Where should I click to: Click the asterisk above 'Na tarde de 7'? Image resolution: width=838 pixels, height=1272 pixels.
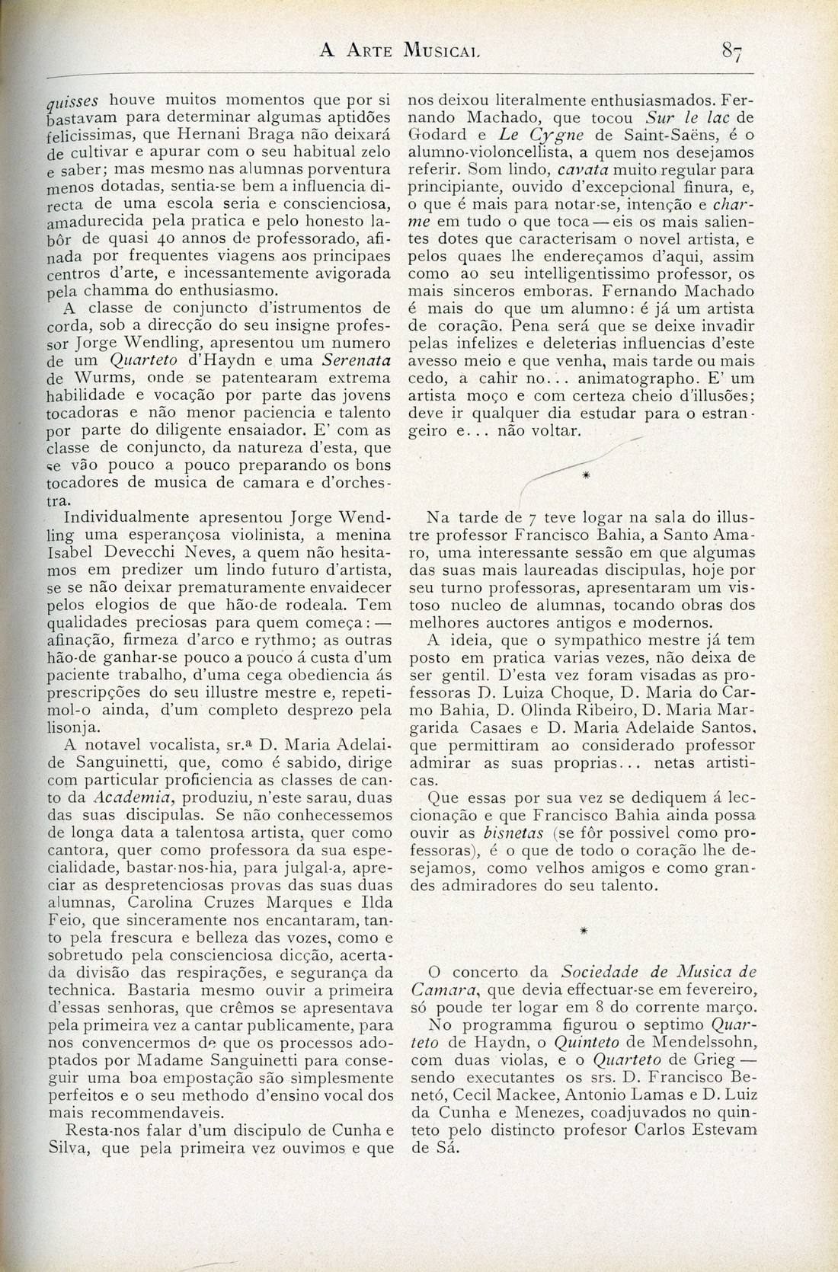tap(585, 475)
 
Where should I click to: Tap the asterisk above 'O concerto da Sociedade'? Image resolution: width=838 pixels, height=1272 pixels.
tap(584, 931)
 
